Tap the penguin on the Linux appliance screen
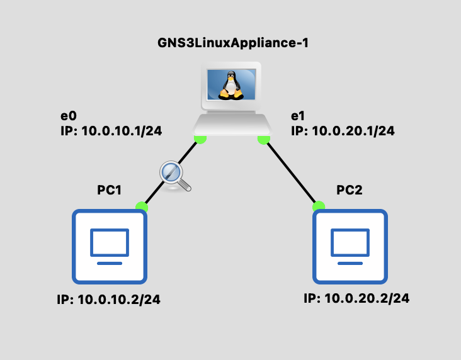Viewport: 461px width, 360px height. pos(230,86)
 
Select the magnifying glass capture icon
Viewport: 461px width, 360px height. pos(173,174)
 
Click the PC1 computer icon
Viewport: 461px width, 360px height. pos(110,246)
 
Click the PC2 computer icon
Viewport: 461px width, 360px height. pos(350,246)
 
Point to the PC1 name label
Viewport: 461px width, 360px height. pos(109,191)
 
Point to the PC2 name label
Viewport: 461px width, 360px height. pos(350,191)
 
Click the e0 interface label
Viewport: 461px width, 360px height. pos(68,116)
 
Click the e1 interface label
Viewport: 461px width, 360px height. pos(298,116)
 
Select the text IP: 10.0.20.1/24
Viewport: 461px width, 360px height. pos(343,131)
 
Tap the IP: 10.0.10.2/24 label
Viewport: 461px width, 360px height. pos(109,300)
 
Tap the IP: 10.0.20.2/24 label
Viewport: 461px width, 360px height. pos(356,298)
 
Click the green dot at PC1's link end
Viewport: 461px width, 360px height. pos(142,206)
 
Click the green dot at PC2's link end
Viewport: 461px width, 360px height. pos(319,206)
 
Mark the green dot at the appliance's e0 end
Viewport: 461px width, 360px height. pos(200,138)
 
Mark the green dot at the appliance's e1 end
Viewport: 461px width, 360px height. pos(264,138)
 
